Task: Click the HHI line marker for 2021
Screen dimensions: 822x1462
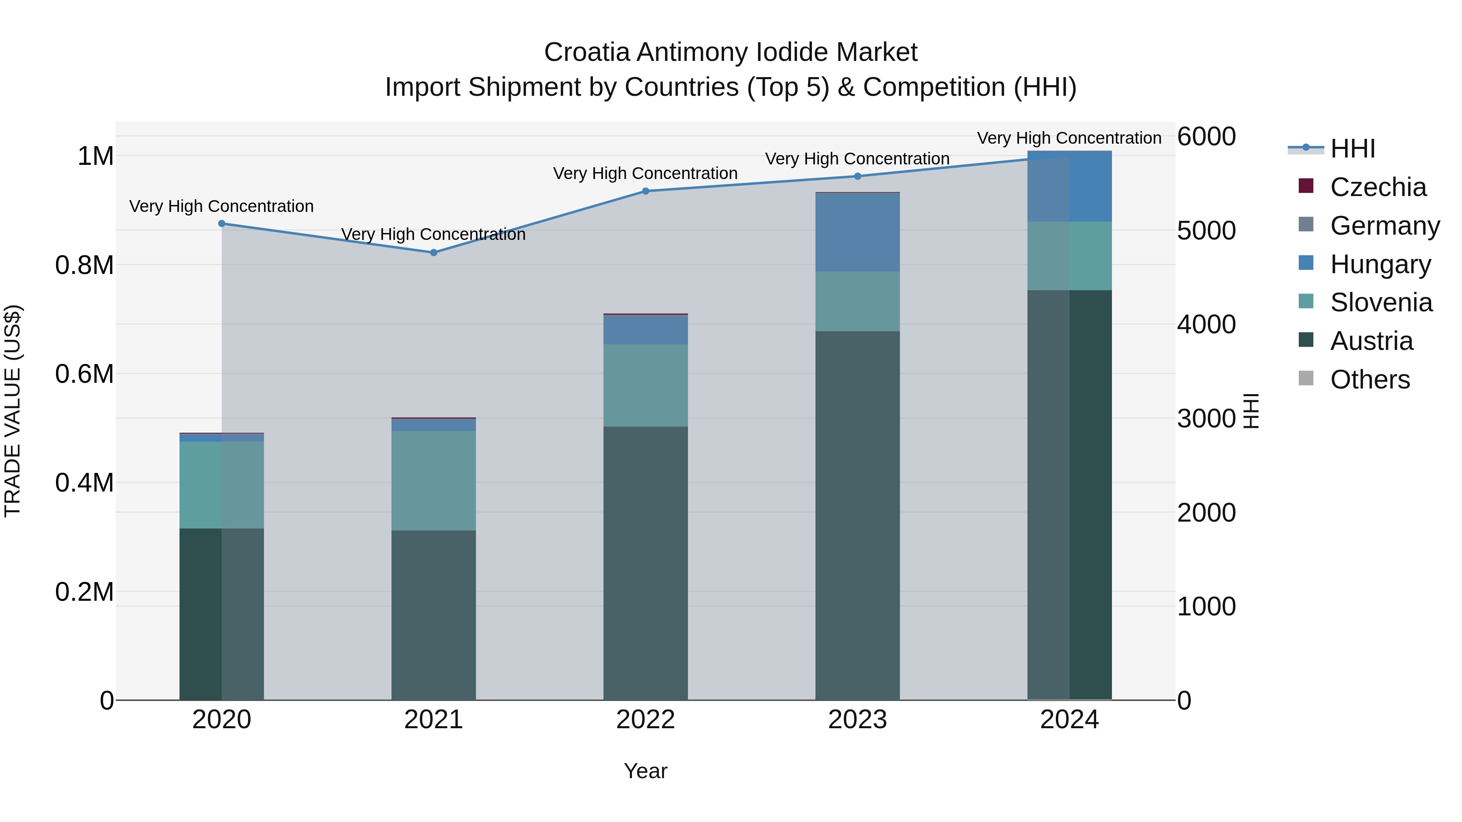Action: [434, 252]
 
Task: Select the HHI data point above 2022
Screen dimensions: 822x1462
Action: [645, 191]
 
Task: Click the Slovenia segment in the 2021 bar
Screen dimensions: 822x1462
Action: [434, 481]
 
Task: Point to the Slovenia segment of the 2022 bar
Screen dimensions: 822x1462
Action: [645, 385]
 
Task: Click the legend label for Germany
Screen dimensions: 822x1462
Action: [1384, 226]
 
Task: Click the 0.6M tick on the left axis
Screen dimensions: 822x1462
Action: [84, 374]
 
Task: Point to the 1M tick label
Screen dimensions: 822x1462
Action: [95, 156]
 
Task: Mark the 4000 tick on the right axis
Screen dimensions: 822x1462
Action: [1206, 324]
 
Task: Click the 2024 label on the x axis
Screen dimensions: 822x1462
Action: [1069, 719]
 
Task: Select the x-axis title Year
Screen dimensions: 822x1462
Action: [645, 771]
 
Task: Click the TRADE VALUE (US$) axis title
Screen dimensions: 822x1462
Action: [13, 411]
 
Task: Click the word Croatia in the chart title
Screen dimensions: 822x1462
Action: [587, 52]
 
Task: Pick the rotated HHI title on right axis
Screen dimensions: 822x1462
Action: [1251, 411]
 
